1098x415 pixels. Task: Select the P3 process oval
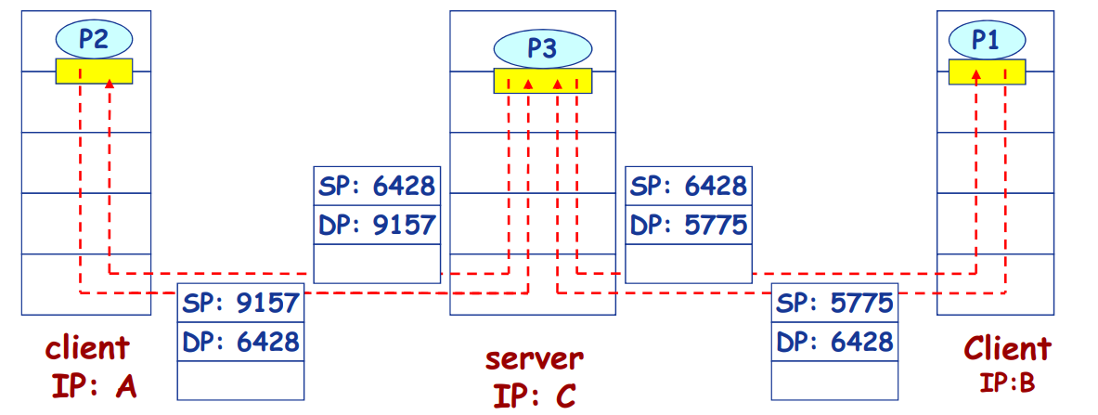[x=542, y=48]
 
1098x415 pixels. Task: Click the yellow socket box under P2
[x=94, y=71]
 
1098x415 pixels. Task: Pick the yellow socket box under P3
[x=542, y=81]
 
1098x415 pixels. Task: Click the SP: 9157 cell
[x=241, y=303]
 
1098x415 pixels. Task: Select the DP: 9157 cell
[x=377, y=224]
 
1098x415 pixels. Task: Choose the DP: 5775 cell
[x=689, y=224]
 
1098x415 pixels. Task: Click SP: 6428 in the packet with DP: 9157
[x=377, y=186]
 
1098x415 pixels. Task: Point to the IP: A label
[x=93, y=384]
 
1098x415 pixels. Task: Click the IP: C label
[x=534, y=394]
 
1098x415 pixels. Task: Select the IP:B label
[x=1006, y=382]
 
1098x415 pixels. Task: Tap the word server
[x=535, y=358]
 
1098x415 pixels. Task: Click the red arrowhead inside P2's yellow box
[x=110, y=84]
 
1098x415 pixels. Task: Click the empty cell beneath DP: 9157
[x=377, y=263]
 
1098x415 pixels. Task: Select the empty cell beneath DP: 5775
[x=689, y=263]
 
